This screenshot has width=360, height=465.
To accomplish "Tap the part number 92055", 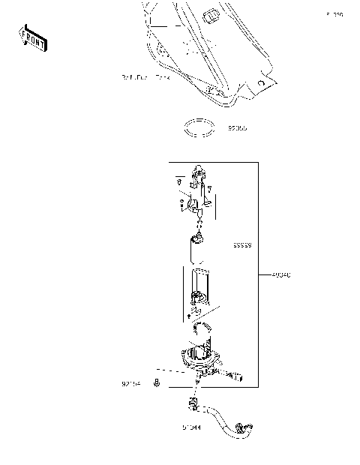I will click(238, 128).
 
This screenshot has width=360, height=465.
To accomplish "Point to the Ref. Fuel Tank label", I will click(146, 77).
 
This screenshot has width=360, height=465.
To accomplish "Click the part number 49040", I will click(281, 275).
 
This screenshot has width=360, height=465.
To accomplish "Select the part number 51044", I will click(191, 428).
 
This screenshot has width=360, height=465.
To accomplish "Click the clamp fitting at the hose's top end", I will click(191, 407).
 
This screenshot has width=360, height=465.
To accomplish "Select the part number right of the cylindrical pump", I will click(241, 245).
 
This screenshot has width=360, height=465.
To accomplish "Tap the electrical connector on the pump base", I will click(238, 374).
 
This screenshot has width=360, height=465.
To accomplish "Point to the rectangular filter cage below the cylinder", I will click(198, 289).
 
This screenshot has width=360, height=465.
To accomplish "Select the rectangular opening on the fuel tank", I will click(211, 14).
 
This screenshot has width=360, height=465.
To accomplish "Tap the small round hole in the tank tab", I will click(259, 82).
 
